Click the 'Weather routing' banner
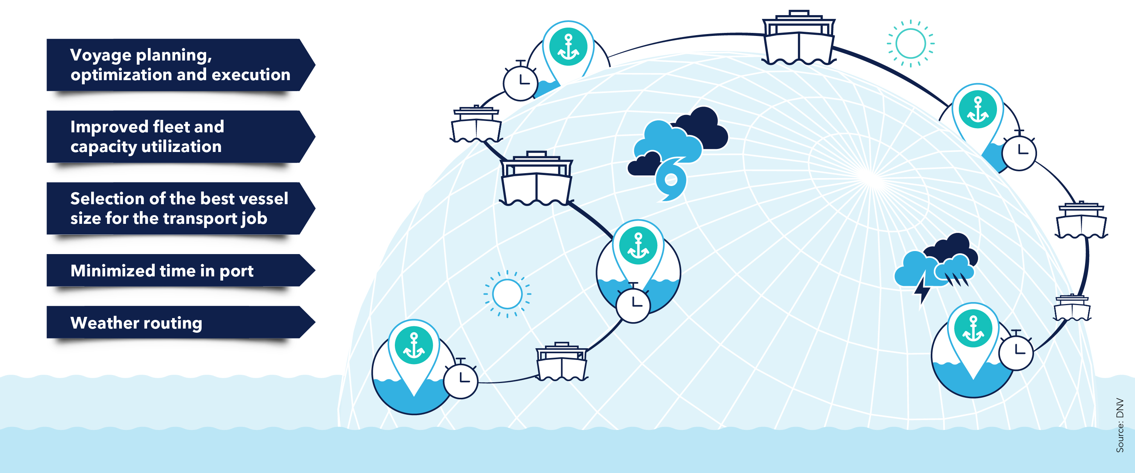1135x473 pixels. point(176,323)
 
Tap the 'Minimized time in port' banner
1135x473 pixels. point(176,270)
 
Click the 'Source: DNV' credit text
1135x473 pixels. point(1119,425)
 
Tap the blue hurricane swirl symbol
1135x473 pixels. point(671,180)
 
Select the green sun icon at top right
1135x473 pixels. point(910,43)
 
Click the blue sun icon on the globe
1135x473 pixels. point(507,294)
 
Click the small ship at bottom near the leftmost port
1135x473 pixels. point(561,363)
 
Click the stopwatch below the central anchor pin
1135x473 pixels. point(633,304)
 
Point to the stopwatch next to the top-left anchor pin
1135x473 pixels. point(520,82)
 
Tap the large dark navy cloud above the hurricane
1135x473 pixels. point(703,129)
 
